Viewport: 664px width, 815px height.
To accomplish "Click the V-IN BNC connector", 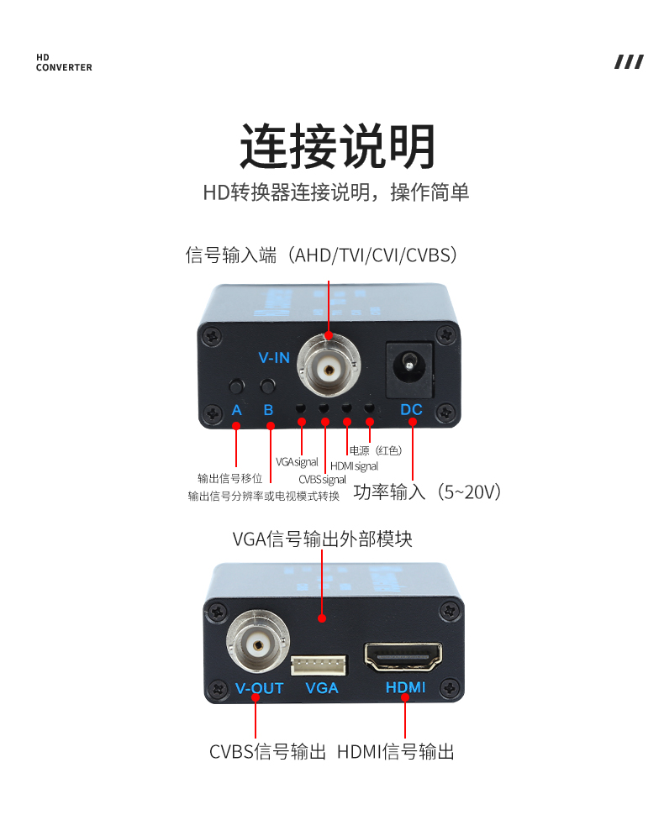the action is click(329, 369).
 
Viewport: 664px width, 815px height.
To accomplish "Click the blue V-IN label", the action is click(274, 358).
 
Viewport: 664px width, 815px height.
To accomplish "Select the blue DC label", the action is click(411, 409).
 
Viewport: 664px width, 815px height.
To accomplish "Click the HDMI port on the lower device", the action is click(403, 657).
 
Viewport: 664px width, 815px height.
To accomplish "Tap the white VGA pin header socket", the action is click(319, 665).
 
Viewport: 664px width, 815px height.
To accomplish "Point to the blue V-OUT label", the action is click(260, 688).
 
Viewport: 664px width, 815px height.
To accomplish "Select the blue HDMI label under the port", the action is click(406, 687).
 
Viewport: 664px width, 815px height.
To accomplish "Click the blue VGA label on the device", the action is click(322, 688).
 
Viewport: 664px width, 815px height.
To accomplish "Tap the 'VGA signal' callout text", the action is click(297, 461).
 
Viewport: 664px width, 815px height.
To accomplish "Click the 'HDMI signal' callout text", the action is click(354, 466).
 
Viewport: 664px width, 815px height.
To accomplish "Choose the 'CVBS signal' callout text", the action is click(322, 479).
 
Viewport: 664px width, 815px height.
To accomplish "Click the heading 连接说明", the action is click(337, 146).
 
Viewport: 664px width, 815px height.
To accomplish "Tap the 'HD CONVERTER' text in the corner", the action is click(64, 62).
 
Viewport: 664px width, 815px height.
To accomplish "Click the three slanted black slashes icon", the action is click(630, 62).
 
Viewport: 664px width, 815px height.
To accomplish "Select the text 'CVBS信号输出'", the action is click(267, 752).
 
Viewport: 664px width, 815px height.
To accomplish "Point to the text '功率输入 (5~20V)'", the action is click(427, 492).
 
